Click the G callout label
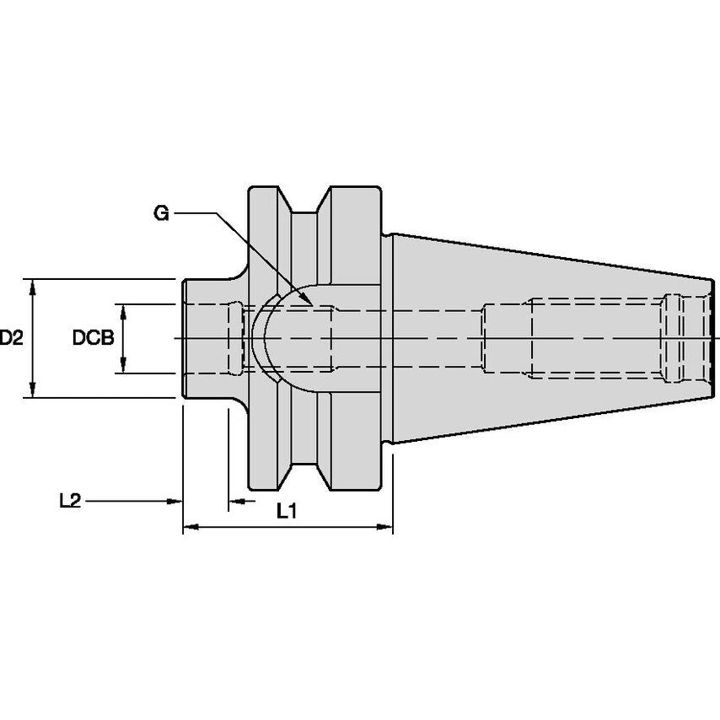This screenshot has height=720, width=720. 161,213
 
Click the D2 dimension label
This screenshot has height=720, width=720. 11,338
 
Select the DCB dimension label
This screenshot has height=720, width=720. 94,338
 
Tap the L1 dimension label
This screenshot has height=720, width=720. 287,511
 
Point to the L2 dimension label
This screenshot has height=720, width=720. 70,501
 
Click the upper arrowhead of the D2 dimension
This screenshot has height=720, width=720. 32,287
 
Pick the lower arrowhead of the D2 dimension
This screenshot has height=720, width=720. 32,390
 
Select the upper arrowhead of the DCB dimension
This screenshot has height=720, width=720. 123,312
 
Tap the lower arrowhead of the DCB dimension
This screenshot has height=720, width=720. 123,365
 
